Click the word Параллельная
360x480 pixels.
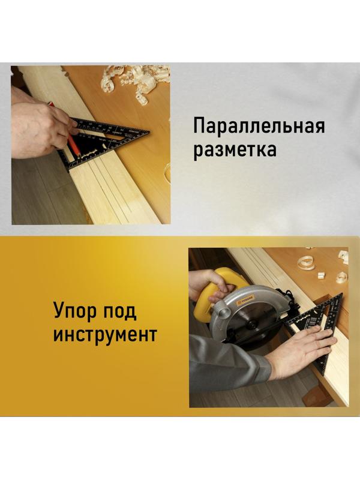(x=259, y=127)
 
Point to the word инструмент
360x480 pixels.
(x=105, y=334)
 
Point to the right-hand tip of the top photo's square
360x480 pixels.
(x=148, y=130)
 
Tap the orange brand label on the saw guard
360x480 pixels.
(x=248, y=295)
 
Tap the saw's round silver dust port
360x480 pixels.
(x=221, y=311)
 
